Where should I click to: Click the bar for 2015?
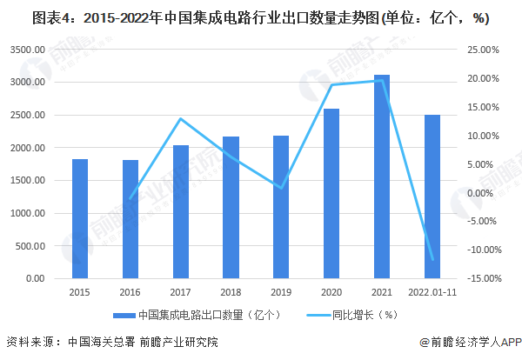80,219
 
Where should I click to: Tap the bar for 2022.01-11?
432,197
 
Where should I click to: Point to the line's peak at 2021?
382,81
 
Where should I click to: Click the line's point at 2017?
180,119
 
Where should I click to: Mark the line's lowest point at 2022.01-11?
432,259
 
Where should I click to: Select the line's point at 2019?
281,187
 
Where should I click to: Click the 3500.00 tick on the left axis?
29,50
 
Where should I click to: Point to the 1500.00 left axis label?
29,181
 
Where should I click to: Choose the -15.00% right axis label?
481,278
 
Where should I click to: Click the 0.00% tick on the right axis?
484,193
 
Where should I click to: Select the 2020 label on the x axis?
331,293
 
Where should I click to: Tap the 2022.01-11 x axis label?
432,293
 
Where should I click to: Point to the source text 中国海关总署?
97,343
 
